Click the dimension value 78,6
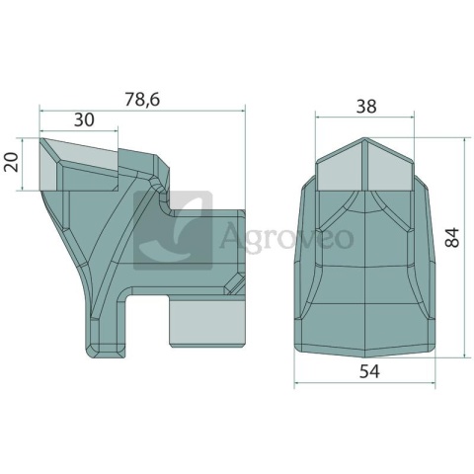(142, 100)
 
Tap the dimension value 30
(84, 120)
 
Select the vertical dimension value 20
(11, 162)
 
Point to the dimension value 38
(366, 107)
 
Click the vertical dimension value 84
(451, 237)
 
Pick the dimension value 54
(369, 371)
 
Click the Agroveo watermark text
(286, 237)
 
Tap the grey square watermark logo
(173, 230)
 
